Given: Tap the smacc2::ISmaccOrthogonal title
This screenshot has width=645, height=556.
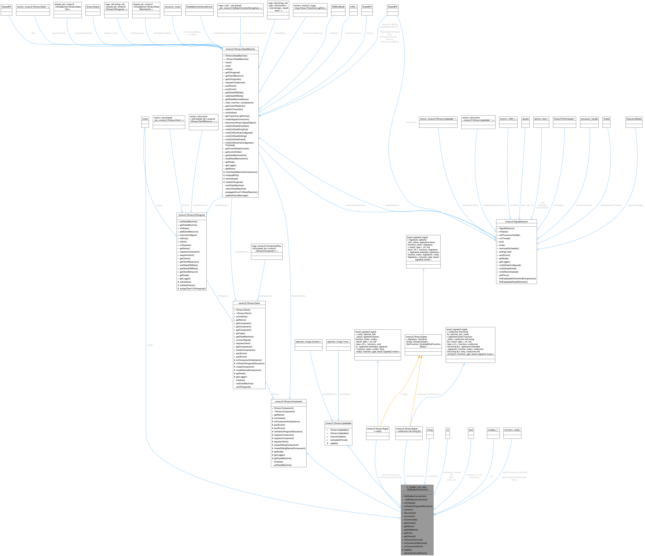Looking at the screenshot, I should coord(191,215).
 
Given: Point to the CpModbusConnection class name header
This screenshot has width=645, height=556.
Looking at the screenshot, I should coord(417,488).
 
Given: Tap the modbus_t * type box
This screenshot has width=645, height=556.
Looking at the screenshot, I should coord(493,430).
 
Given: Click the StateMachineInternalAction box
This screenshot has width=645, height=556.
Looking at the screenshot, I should coord(199,7).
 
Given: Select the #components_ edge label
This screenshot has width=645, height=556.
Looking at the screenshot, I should coord(266,296).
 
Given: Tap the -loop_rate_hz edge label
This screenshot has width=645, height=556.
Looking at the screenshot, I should coord(527,205).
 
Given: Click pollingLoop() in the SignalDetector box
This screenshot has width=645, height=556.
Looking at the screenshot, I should coord(505,252).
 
